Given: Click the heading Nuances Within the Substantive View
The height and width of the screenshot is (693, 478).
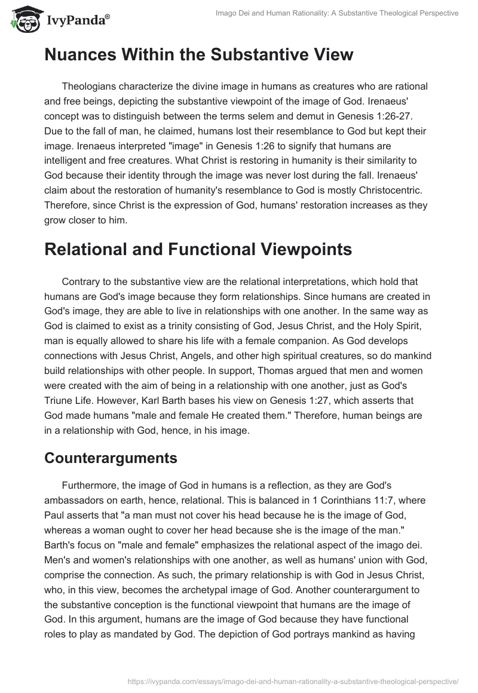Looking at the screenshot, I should click(199, 55).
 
